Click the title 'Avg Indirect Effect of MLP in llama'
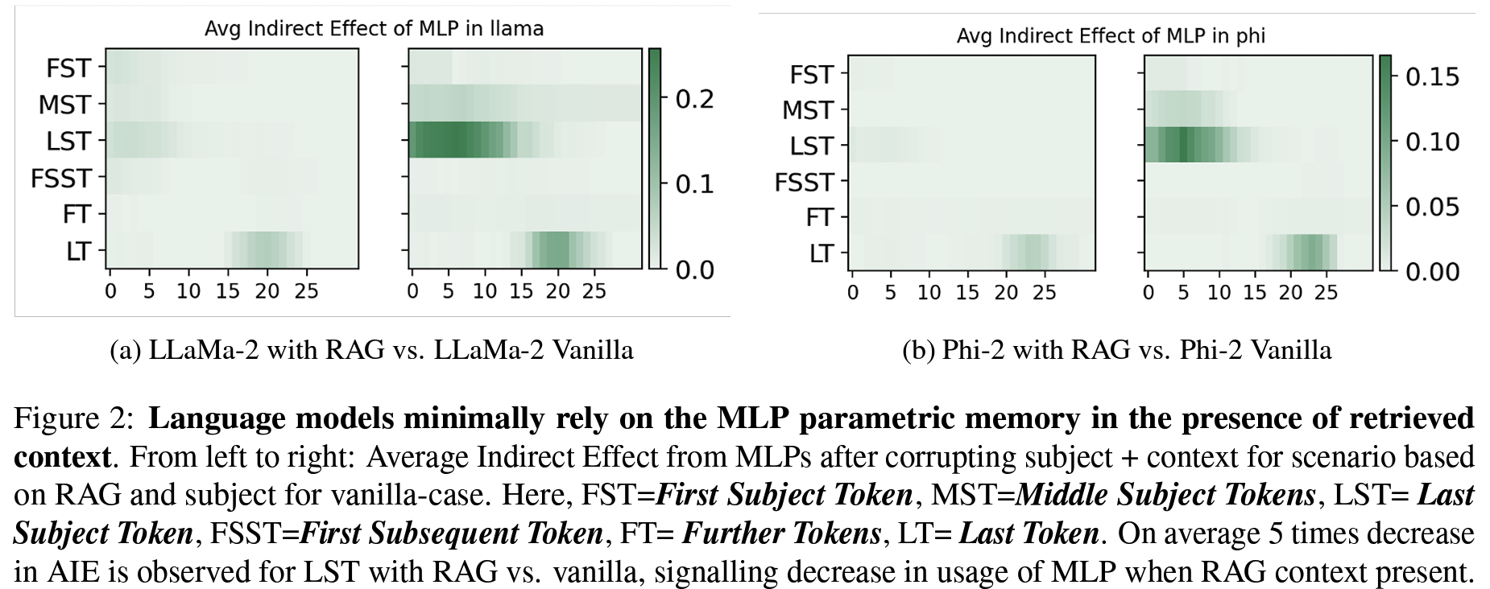click(x=374, y=29)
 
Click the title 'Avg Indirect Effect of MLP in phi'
click(x=1111, y=36)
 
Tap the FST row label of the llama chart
click(x=68, y=68)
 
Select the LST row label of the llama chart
click(x=68, y=141)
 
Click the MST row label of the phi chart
click(x=807, y=110)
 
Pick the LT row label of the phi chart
click(x=820, y=253)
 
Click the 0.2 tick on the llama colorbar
click(x=694, y=99)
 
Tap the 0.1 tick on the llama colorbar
click(x=694, y=184)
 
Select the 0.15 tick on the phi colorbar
click(x=1432, y=76)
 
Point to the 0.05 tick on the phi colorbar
click(x=1432, y=207)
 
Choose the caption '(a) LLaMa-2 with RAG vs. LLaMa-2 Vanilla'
click(x=371, y=350)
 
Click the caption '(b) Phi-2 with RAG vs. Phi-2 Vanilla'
click(x=1116, y=350)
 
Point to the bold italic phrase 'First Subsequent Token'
click(x=451, y=533)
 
